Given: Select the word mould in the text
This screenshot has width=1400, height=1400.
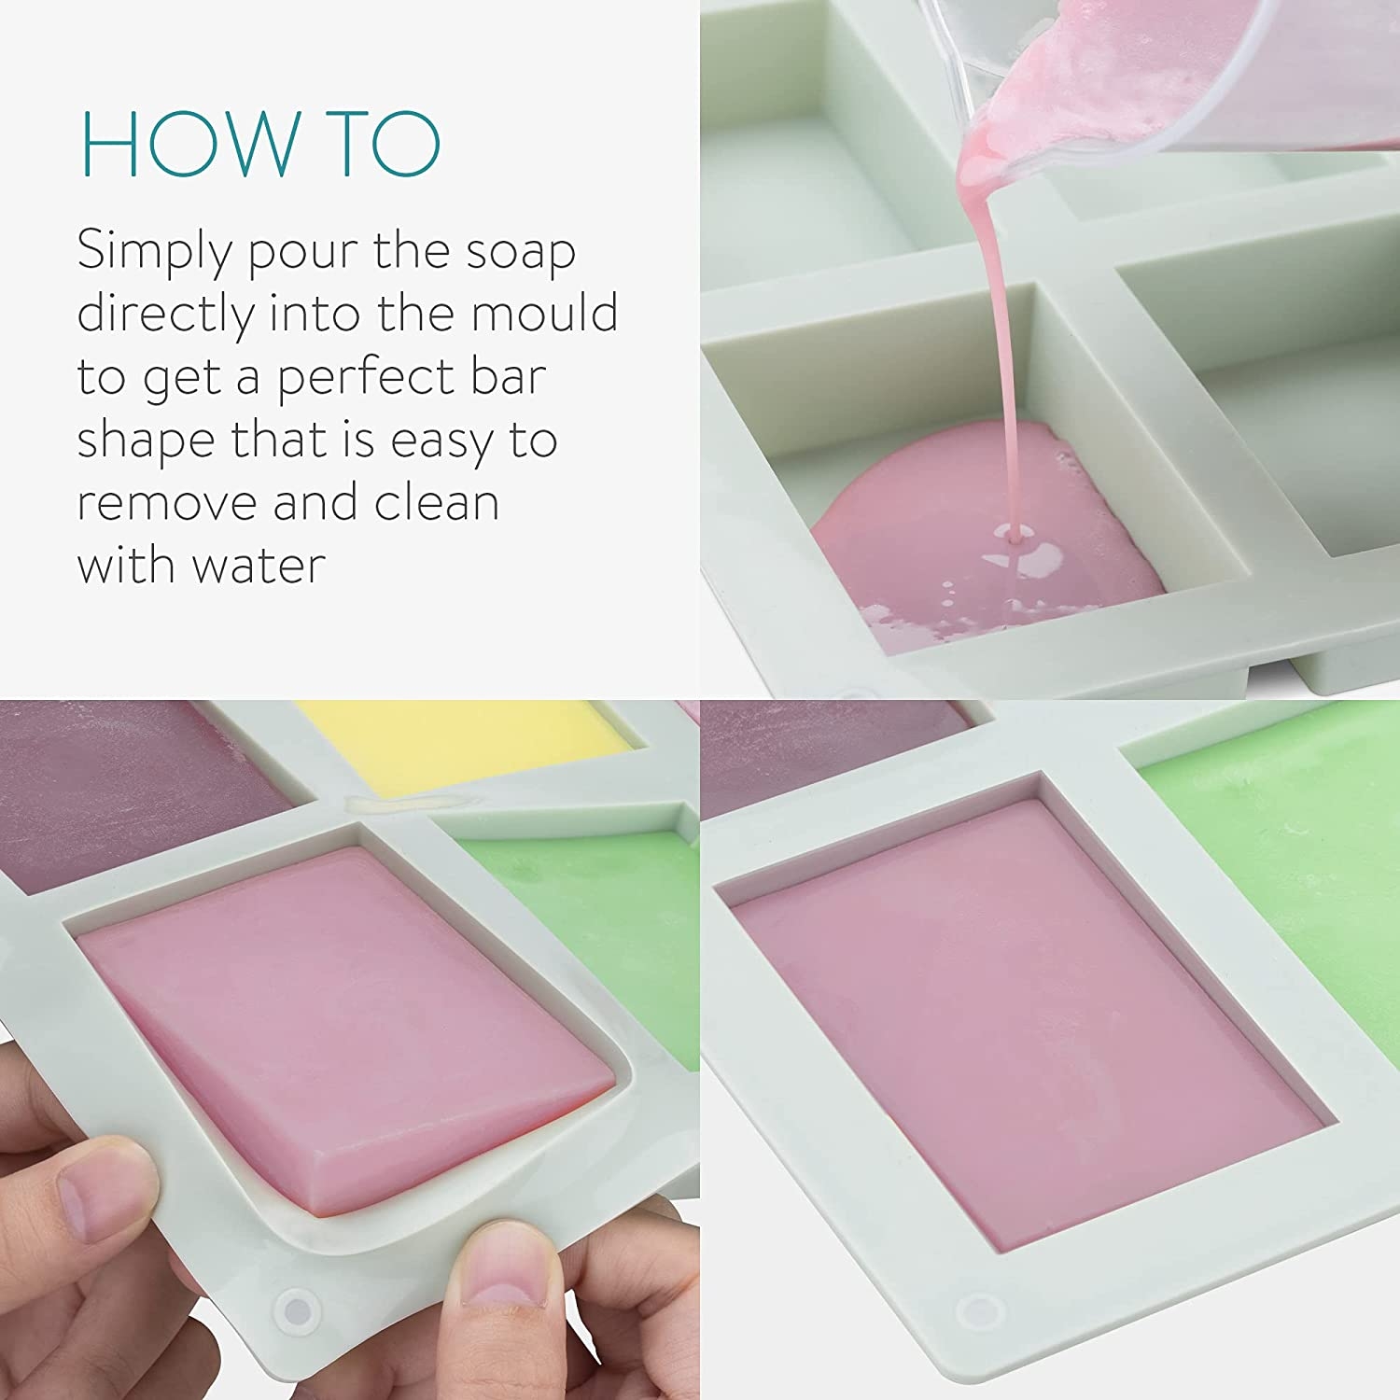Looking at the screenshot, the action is click(544, 313).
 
